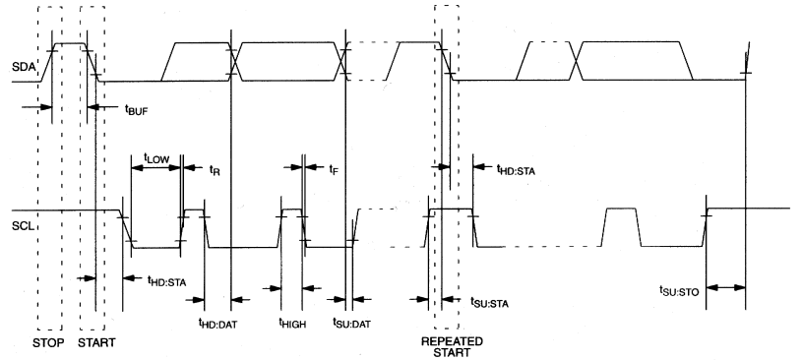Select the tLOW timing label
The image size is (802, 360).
tap(155, 155)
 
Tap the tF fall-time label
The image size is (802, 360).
tap(333, 169)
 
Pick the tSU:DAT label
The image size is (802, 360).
tap(350, 322)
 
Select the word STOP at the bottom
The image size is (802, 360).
tap(48, 343)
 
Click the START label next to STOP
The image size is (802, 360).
tap(96, 343)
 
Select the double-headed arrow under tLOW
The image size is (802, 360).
tap(155, 168)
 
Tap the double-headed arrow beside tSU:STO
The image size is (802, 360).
tap(726, 287)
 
